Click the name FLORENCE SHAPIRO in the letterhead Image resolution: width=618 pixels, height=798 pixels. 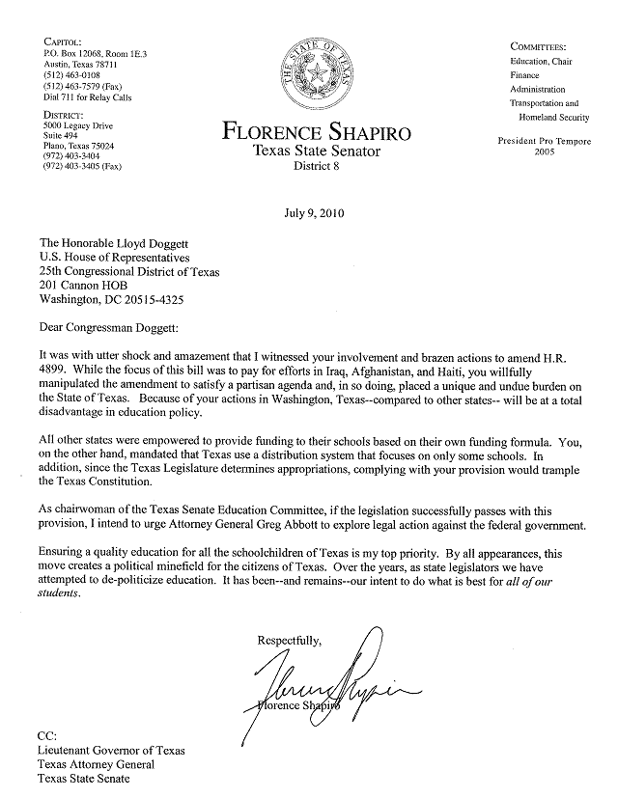[316, 131]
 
